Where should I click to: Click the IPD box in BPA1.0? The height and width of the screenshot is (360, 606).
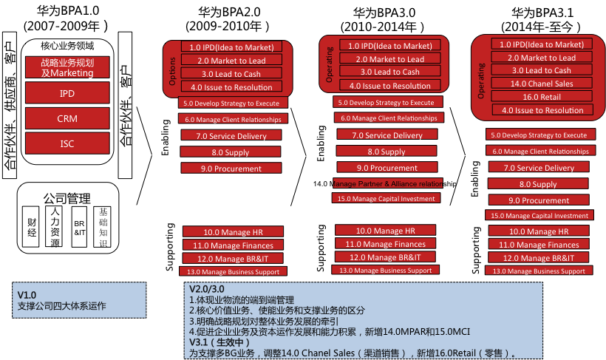67,93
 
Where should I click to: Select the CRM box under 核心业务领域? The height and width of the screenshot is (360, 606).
67,118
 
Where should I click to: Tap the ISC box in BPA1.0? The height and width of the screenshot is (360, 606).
67,143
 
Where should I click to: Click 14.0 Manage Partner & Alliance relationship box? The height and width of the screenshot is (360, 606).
388,183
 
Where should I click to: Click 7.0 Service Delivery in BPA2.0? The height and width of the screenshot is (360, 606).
231,136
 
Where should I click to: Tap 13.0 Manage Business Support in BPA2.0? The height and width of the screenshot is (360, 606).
231,272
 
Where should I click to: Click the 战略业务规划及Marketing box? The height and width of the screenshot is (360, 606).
67,67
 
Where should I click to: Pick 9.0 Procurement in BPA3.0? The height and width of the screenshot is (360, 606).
388,168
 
